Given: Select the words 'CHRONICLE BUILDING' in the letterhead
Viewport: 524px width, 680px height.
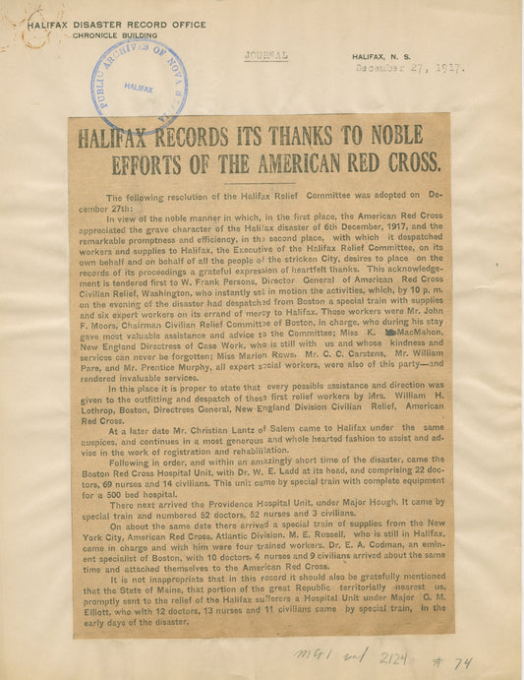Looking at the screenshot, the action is [x=111, y=34].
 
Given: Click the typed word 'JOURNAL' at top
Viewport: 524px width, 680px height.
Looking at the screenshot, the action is [x=265, y=56].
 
